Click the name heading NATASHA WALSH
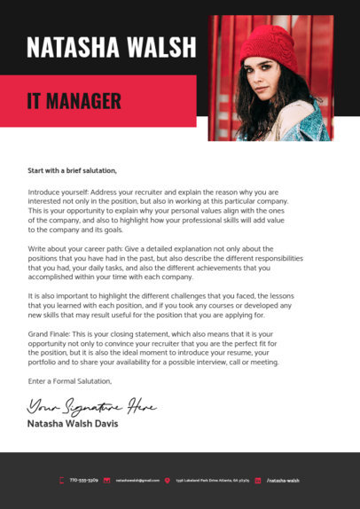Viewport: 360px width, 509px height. tap(111, 46)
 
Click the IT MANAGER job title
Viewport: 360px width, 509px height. tap(74, 101)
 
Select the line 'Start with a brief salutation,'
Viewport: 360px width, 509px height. tap(73, 170)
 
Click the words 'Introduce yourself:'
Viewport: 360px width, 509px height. tap(57, 192)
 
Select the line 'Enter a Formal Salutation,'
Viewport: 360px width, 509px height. tap(70, 381)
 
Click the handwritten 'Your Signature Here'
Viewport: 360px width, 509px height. tap(91, 407)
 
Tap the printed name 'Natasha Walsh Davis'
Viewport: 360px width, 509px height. tap(72, 424)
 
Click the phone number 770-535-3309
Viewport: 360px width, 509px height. tap(83, 480)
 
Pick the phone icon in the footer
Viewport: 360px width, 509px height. tap(61, 480)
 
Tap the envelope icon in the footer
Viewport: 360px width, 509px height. tap(106, 480)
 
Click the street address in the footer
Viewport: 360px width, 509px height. tap(212, 480)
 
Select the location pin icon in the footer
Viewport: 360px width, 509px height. tap(167, 480)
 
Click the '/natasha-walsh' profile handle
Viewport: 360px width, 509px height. tap(283, 480)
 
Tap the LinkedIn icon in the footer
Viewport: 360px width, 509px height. tap(258, 480)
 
